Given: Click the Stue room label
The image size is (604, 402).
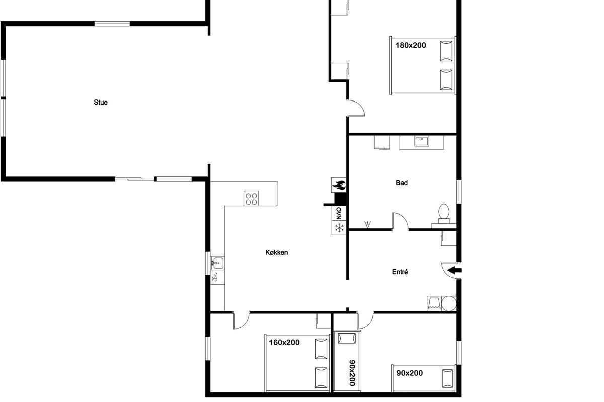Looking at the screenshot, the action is (x=101, y=103).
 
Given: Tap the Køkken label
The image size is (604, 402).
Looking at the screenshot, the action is (x=277, y=252).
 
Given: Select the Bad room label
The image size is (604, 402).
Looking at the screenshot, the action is (x=402, y=183).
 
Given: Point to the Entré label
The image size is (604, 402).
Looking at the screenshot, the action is (x=400, y=272).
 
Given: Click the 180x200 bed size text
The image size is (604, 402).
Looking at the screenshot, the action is (x=411, y=45).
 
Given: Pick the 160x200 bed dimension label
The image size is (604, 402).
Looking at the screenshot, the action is (x=284, y=343).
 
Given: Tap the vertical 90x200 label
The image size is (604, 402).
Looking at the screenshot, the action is (x=352, y=373).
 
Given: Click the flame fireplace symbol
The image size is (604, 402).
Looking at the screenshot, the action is (x=339, y=185).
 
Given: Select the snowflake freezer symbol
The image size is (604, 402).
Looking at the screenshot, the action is (x=339, y=228).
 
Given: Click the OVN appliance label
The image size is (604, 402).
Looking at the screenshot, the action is (x=339, y=213).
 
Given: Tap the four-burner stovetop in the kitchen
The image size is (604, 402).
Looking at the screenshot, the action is (x=251, y=198).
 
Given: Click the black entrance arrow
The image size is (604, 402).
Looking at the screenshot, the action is (x=455, y=270).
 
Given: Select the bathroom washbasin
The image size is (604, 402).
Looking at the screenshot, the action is (x=422, y=141).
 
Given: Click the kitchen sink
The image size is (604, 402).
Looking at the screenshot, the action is (x=217, y=263).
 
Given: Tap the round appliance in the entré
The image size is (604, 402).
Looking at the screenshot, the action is (x=448, y=304).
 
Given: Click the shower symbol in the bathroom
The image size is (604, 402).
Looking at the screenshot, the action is (x=367, y=224).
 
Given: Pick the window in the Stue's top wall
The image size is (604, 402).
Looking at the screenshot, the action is (x=112, y=24).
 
